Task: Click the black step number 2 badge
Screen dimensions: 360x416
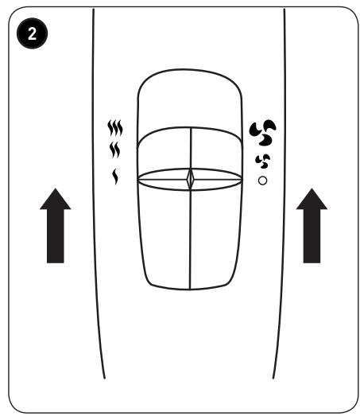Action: [x=32, y=33]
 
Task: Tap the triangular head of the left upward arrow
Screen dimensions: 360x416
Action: [x=56, y=200]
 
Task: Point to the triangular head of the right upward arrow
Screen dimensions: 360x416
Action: [x=312, y=200]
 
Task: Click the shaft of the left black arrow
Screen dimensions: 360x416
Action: [x=56, y=236]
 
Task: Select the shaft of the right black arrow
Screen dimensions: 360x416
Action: [x=312, y=236]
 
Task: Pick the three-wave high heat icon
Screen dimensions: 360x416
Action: [x=115, y=128]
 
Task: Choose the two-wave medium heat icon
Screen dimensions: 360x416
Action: [x=114, y=150]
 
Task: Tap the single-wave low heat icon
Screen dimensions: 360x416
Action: [x=115, y=177]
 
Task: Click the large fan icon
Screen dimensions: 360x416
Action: [x=262, y=132]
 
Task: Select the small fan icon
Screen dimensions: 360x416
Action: [x=263, y=161]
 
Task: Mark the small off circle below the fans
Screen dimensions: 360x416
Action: [x=262, y=181]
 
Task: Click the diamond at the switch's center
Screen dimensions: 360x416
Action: [x=191, y=179]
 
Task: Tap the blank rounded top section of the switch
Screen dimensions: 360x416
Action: [x=190, y=101]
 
